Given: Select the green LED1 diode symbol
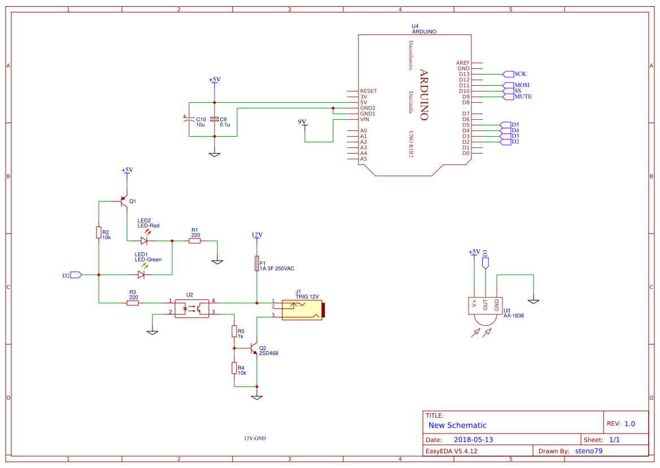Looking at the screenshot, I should pyautogui.click(x=141, y=275).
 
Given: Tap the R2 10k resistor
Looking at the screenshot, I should pyautogui.click(x=99, y=232).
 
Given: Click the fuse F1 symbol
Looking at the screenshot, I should pyautogui.click(x=257, y=264).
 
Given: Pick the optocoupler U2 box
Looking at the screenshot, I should pyautogui.click(x=191, y=308).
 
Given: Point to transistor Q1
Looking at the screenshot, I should pyautogui.click(x=124, y=201).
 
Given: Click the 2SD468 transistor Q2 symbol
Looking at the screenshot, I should pyautogui.click(x=255, y=349).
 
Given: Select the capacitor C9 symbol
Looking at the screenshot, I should pyautogui.click(x=214, y=119).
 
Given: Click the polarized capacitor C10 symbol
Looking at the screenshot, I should pyautogui.click(x=189, y=119).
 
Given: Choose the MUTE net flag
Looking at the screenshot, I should pyautogui.click(x=522, y=97).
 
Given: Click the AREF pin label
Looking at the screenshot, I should pyautogui.click(x=462, y=63).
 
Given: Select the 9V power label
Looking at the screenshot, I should pyautogui.click(x=302, y=122).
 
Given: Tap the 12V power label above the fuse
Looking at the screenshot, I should pyautogui.click(x=257, y=235).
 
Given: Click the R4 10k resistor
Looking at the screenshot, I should pyautogui.click(x=234, y=368).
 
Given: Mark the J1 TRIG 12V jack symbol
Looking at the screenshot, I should pyautogui.click(x=302, y=309).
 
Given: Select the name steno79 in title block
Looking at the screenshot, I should pyautogui.click(x=588, y=451).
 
